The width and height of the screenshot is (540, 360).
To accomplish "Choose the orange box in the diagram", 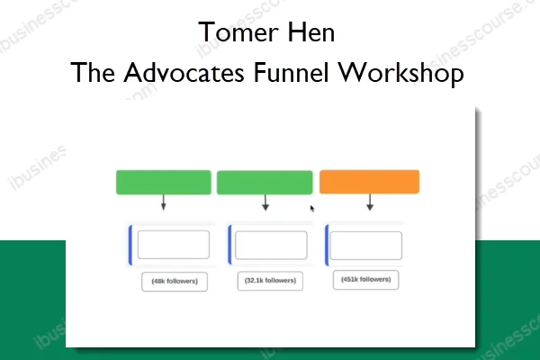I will coord(369,182).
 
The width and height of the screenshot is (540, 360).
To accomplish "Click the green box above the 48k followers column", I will coord(163,182).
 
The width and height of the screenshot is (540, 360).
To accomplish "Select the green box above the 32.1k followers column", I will coord(265,182).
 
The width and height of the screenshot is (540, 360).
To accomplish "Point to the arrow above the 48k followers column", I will coord(163,203).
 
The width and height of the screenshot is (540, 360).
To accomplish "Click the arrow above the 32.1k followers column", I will coord(265,203).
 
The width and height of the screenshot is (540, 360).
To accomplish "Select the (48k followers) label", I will coord(174,282).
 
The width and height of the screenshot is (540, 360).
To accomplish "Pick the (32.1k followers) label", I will coord(270,281).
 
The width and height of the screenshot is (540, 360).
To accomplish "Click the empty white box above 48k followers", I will coord(173,245).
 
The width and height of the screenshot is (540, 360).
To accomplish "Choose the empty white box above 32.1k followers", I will coord(271,245).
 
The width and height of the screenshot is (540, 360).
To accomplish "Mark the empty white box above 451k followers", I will coord(365,245).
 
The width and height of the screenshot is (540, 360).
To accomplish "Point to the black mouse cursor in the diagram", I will coord(312,209).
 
